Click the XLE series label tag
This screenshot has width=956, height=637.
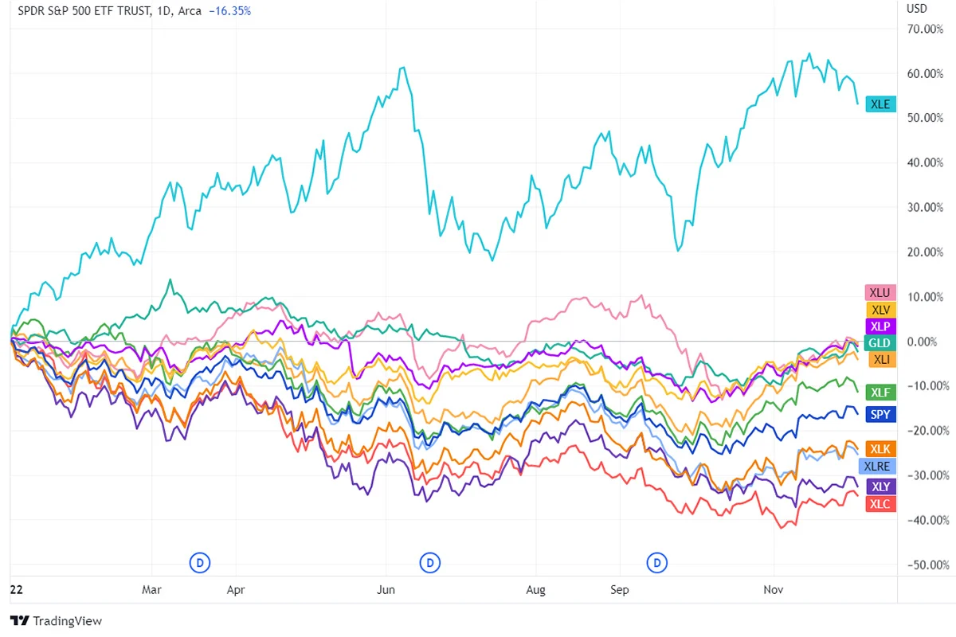click(881, 104)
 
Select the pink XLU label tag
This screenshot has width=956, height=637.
click(880, 293)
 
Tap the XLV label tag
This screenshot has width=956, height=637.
click(881, 310)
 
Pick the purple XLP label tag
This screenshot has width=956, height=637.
click(881, 326)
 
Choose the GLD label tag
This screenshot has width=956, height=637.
click(881, 343)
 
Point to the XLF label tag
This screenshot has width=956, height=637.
click(881, 392)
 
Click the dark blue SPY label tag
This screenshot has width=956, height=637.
click(881, 414)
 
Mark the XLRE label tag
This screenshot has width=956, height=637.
click(881, 466)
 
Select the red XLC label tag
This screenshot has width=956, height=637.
click(881, 504)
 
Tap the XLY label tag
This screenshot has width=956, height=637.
click(881, 487)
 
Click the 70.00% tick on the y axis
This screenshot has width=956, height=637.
click(926, 29)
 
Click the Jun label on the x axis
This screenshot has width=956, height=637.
click(386, 590)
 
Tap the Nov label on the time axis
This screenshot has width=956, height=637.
click(772, 590)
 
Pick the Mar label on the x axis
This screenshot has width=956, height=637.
click(151, 590)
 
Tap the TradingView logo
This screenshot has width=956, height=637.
click(56, 621)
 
